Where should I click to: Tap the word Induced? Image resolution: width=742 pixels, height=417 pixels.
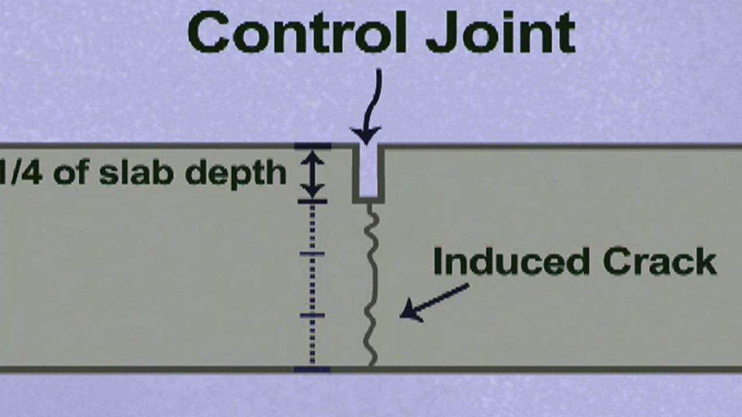point(512,261)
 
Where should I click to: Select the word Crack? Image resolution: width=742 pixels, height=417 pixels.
point(660,261)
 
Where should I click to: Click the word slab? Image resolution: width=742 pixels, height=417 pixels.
point(136,172)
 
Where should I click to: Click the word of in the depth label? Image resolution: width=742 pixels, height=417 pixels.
point(71,172)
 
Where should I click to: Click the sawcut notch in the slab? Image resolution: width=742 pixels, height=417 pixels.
point(368,173)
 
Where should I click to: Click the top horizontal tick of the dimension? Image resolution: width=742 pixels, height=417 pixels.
point(312,146)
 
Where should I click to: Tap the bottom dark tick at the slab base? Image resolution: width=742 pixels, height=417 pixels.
point(312,370)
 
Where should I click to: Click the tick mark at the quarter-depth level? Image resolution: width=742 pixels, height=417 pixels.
point(312,201)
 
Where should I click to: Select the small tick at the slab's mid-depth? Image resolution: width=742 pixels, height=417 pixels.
point(312,254)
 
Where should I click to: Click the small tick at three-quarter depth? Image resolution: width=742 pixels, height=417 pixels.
point(312,316)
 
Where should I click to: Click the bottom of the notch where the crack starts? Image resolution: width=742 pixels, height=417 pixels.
point(369,201)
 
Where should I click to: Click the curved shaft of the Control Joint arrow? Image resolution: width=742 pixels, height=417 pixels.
point(373,99)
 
